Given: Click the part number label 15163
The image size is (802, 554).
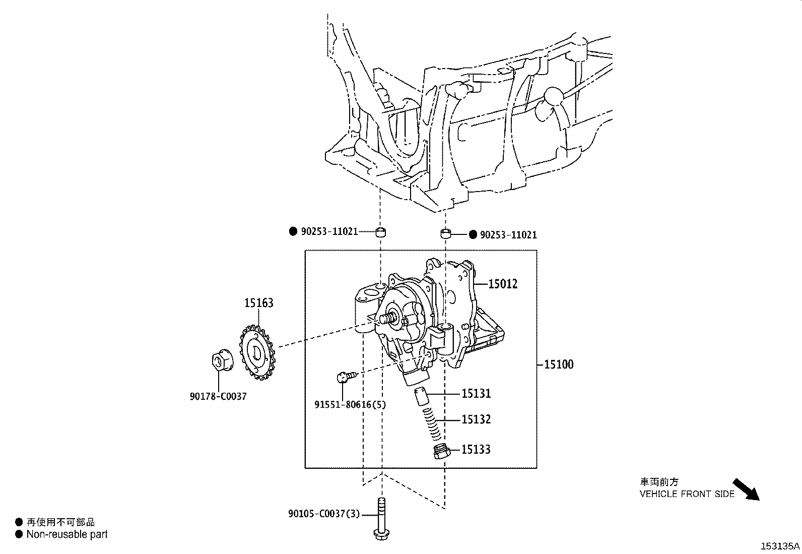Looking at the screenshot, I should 259,303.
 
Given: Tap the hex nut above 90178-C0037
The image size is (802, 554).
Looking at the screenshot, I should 220,361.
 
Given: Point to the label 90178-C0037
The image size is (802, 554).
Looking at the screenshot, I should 218,396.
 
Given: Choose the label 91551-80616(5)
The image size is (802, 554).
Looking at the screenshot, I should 350,404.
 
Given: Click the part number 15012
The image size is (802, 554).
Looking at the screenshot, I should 503,284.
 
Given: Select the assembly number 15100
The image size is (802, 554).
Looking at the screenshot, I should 559,364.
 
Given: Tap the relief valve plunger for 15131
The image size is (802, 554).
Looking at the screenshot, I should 421,396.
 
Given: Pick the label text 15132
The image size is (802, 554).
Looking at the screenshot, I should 476,419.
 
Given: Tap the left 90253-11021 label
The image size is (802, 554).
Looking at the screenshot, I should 329,231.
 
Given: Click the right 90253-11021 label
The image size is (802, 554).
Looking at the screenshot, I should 508,235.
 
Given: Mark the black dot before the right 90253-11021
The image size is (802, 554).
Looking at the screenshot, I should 473,235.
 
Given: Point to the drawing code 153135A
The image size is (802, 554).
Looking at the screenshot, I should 780,546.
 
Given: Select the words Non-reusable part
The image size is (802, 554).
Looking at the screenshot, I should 67,534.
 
